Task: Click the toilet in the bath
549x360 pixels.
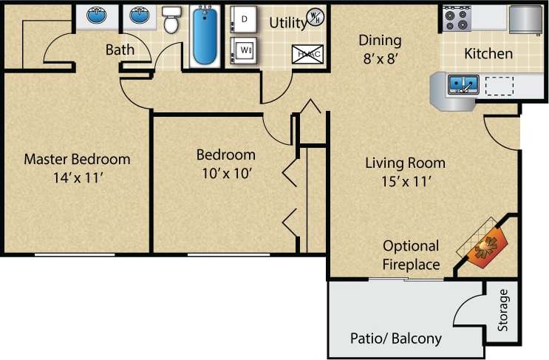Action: pos(171,22)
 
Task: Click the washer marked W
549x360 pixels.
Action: pos(243,51)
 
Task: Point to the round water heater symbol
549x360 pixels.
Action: pos(315,16)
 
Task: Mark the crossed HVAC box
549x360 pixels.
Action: pos(307,53)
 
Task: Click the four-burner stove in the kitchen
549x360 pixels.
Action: pos(456,18)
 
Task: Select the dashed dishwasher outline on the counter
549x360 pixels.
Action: pos(500,86)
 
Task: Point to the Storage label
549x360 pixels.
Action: pos(503,310)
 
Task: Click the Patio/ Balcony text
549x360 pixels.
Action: pos(395,339)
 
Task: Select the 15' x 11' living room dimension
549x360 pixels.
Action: pos(399,180)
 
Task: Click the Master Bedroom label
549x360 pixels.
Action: pos(77,159)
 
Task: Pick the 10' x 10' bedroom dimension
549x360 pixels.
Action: pos(225,173)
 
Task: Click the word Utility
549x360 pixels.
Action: pos(287,23)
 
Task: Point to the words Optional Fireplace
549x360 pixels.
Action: pos(411,255)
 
